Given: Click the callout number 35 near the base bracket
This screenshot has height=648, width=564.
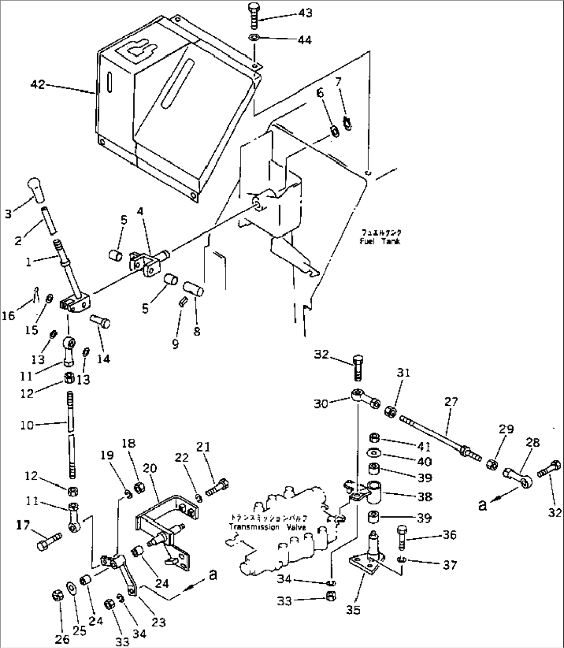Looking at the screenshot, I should (353, 610).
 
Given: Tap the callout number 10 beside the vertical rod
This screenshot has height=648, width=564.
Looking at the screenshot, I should (27, 425).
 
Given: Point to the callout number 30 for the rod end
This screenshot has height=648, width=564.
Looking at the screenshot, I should (321, 404).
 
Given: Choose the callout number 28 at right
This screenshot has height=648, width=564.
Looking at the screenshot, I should (532, 442).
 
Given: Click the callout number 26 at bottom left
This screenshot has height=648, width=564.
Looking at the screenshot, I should (63, 639).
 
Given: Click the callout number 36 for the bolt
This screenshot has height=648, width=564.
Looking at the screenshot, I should (450, 535).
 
